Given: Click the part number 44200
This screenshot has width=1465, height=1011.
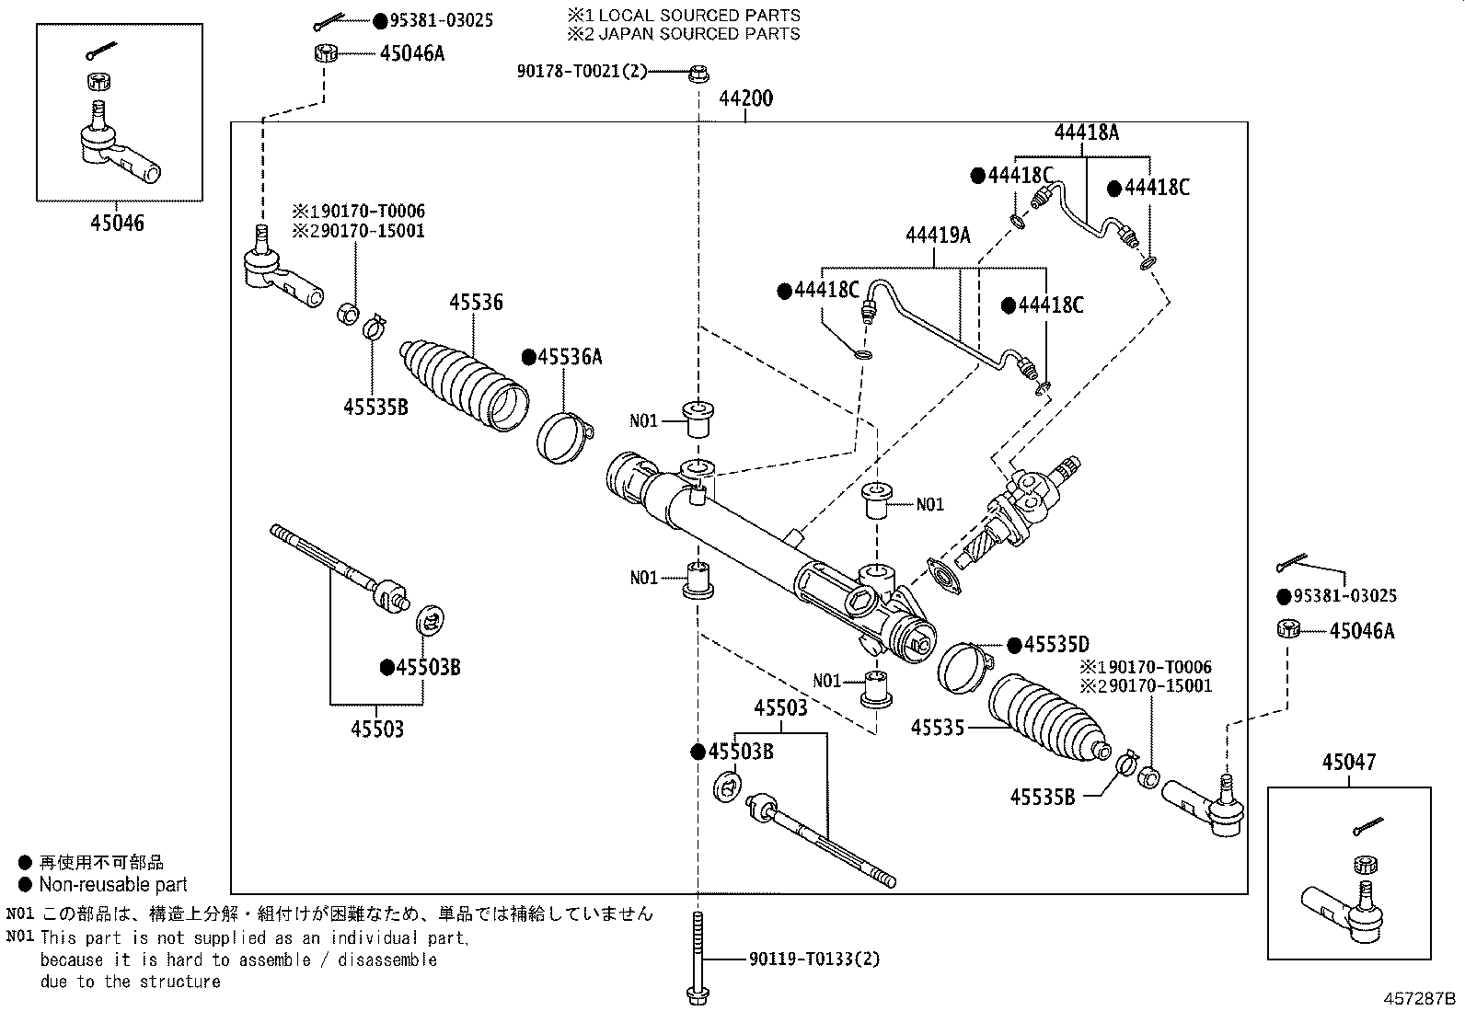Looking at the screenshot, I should point(745,98).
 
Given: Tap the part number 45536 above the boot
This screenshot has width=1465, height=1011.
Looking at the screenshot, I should point(476,302).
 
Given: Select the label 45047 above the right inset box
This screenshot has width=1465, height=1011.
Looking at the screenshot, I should point(1349,762).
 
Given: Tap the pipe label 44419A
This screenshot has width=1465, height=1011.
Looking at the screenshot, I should point(938,235).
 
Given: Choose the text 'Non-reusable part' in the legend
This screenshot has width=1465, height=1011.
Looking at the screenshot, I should point(112,885).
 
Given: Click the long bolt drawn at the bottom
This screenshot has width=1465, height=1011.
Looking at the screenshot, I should point(698,957).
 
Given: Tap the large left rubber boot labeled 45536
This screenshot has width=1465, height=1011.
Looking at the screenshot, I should point(466,385).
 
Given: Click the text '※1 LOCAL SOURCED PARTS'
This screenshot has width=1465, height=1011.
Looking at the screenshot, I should point(684,16).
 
